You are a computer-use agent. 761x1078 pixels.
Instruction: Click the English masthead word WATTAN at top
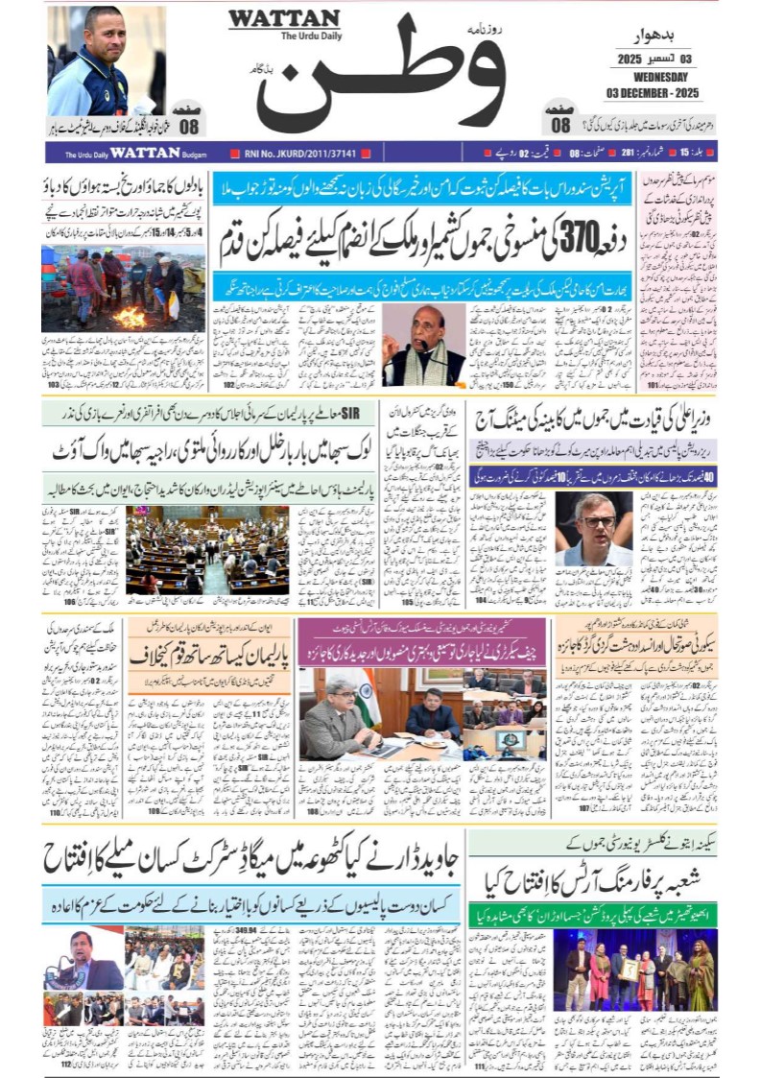pos(283,19)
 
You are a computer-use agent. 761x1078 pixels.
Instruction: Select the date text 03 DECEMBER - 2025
pos(652,92)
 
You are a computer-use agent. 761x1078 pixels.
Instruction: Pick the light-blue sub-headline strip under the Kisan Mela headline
pos(250,905)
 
